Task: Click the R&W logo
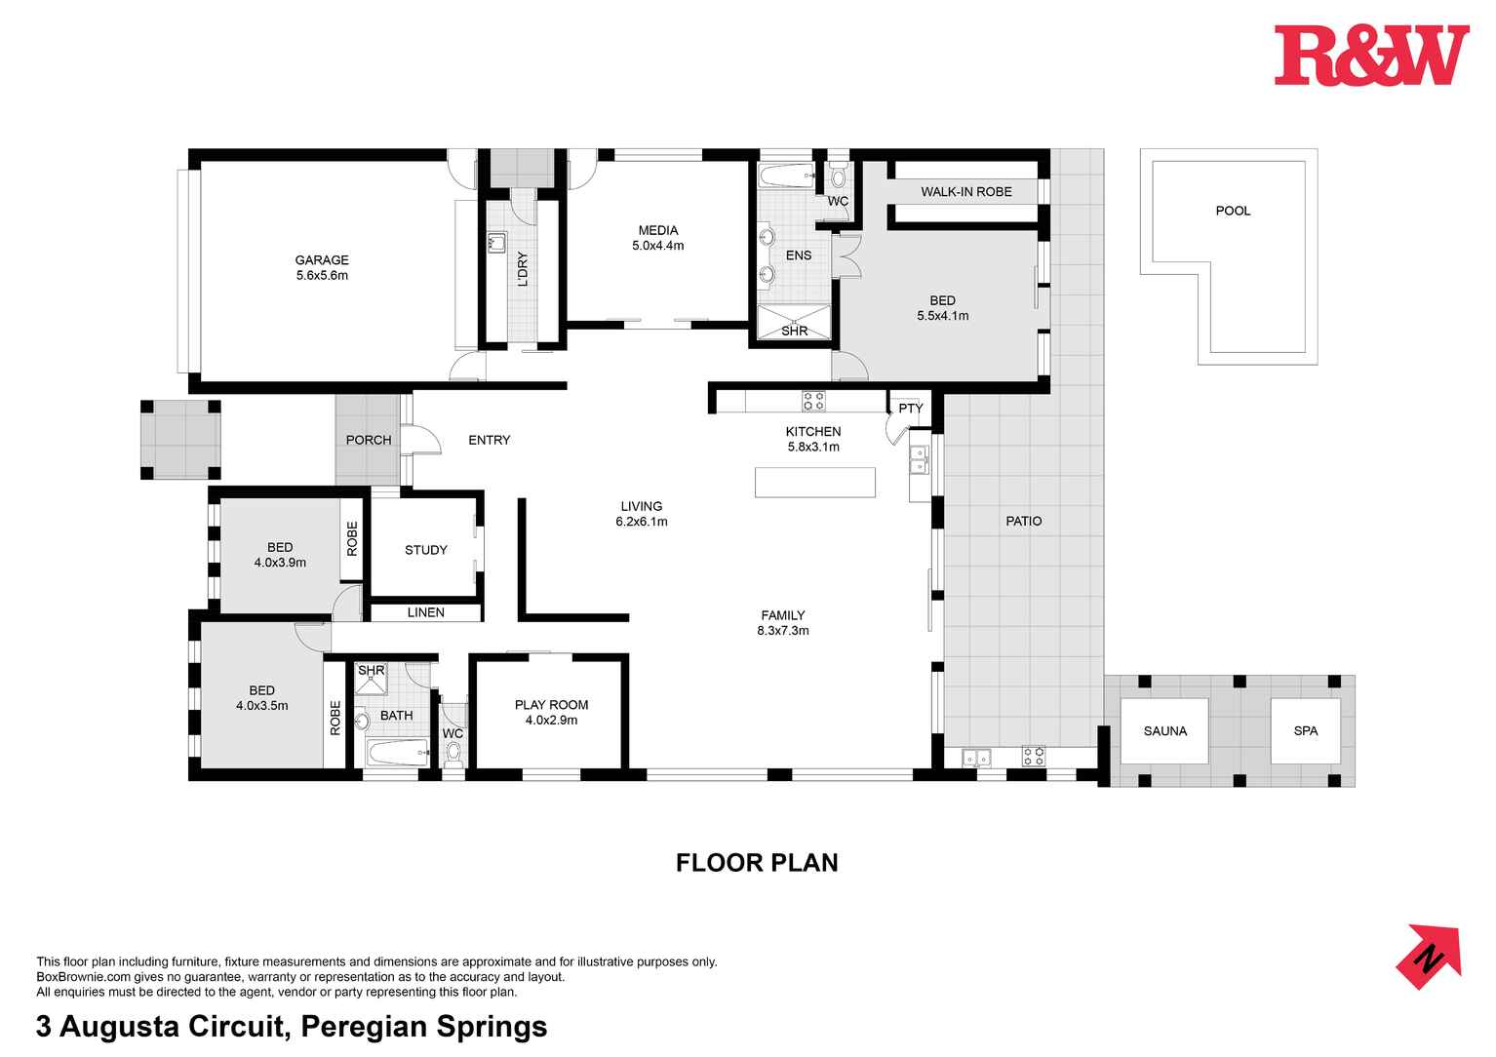(x=1370, y=56)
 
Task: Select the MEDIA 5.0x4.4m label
(x=657, y=238)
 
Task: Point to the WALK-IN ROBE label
(x=965, y=192)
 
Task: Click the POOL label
(x=1233, y=211)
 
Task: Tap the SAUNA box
(x=1164, y=731)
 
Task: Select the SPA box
(x=1305, y=731)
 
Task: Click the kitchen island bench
(x=815, y=483)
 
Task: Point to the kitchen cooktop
(x=813, y=401)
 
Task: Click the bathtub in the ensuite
(x=785, y=177)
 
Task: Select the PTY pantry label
(x=910, y=409)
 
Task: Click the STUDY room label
(x=426, y=550)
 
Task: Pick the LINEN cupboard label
(x=425, y=612)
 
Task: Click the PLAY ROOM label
(x=551, y=712)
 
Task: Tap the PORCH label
(x=369, y=440)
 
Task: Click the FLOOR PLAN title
(x=757, y=863)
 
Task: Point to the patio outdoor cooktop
(x=1033, y=755)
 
